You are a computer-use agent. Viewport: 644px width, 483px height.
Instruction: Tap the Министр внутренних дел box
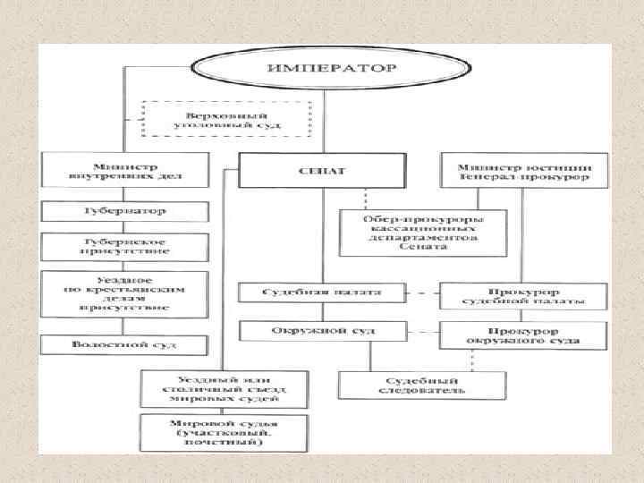[x=125, y=169]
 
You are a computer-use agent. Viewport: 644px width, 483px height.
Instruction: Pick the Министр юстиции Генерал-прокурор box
[x=523, y=169]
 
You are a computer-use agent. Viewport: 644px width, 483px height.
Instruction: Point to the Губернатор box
[x=125, y=213]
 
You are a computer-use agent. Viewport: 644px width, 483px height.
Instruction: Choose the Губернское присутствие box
[x=125, y=247]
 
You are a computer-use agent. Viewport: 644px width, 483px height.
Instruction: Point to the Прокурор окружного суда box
[x=523, y=335]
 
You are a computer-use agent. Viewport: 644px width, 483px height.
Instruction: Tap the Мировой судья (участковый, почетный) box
[x=215, y=431]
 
